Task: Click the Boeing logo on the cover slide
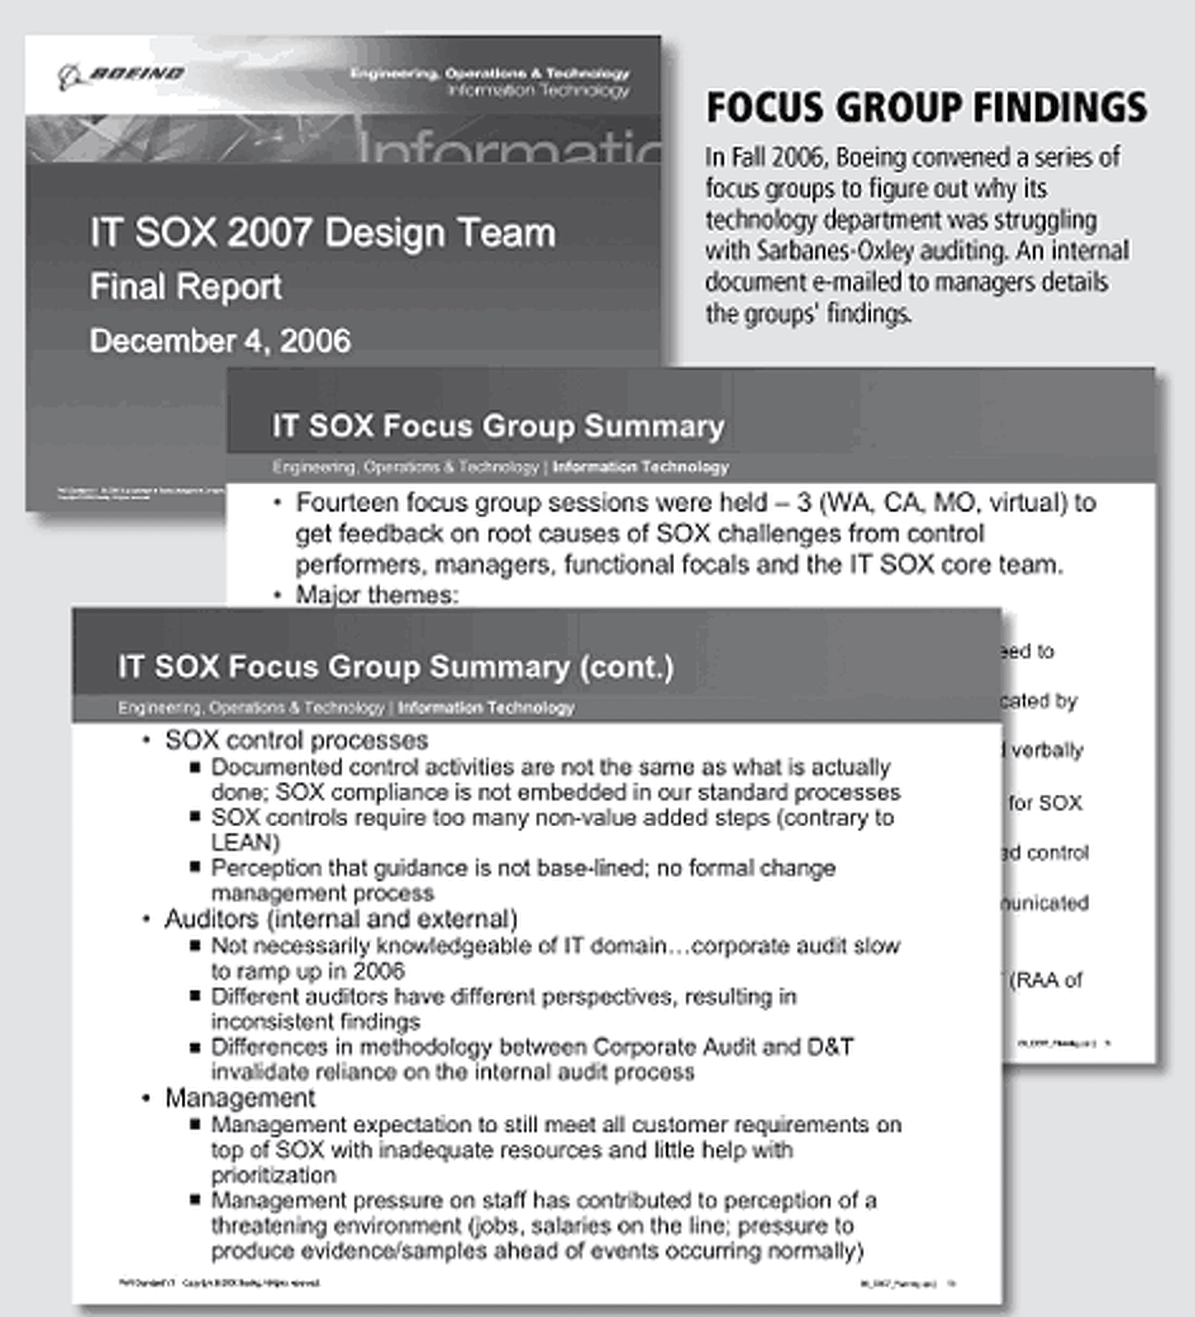coord(121,75)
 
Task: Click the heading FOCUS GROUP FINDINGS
coord(926,108)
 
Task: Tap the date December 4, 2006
coord(220,341)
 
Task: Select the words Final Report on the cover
coord(185,287)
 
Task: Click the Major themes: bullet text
coord(377,595)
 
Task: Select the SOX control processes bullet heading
coord(296,740)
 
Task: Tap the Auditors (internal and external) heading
coord(341,919)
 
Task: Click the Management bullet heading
coord(240,1098)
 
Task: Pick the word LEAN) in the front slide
coord(245,843)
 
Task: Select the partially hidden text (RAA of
coord(1046,981)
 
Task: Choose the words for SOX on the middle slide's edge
coord(1045,803)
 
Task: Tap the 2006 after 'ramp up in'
coord(379,971)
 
